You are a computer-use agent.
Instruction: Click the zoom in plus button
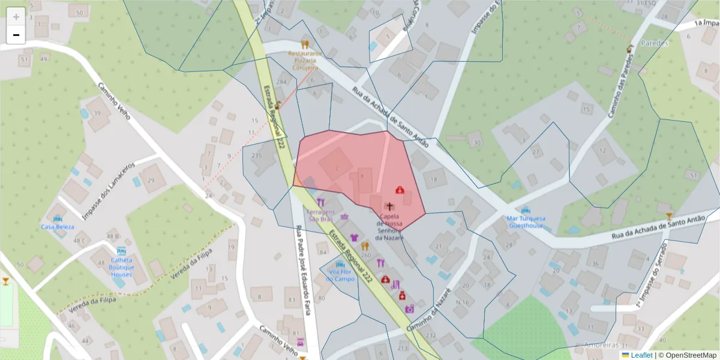point(16,17)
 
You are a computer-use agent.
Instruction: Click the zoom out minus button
point(16,35)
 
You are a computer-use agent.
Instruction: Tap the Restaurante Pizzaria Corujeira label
point(305,61)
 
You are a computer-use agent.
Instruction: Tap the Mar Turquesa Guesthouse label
point(526,222)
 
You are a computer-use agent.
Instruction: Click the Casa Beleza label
point(58,227)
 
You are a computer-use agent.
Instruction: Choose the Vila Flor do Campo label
point(340,275)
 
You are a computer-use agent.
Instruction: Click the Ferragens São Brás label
point(320,216)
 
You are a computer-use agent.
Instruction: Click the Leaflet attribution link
point(641,355)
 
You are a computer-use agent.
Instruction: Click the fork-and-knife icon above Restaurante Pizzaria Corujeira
point(305,44)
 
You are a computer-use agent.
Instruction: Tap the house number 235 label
point(257,156)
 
